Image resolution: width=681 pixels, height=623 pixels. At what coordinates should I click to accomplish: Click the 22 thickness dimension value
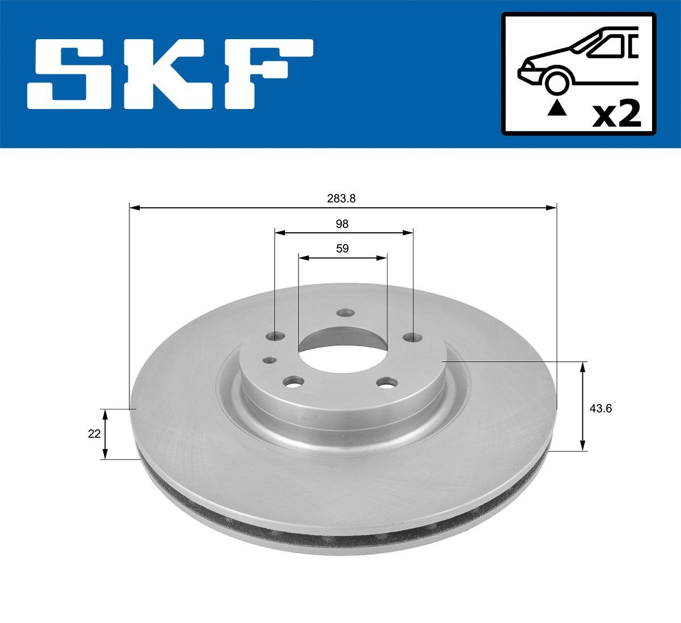[94, 433]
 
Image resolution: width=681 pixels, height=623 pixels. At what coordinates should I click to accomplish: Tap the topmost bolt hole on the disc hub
[344, 313]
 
